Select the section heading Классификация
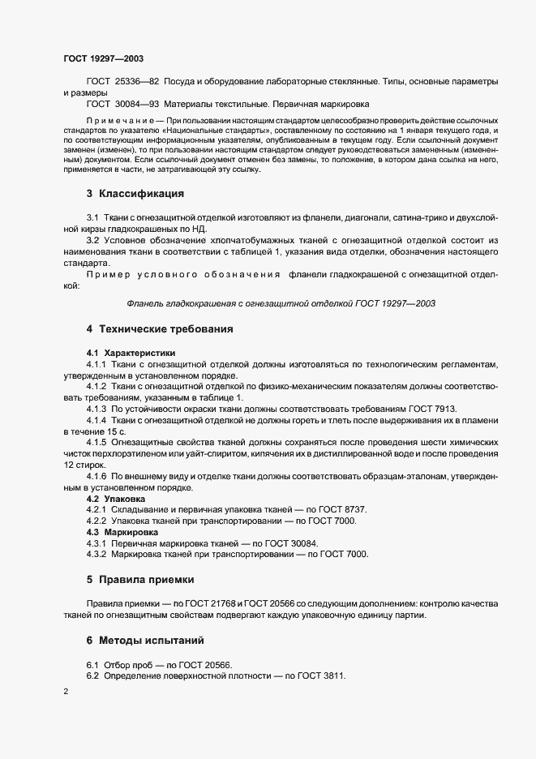(x=141, y=194)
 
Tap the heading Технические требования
(x=165, y=329)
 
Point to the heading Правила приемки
(x=148, y=580)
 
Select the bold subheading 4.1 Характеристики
(x=131, y=353)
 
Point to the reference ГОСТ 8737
(x=343, y=509)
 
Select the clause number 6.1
(x=92, y=664)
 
